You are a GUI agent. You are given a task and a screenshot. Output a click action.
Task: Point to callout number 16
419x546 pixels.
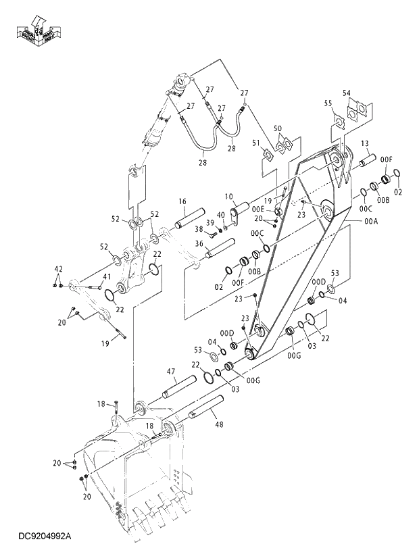coord(182,201)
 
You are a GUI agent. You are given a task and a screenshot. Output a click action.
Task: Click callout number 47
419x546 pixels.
coord(171,371)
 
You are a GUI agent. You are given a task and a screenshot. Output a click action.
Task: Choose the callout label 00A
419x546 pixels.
coord(371,221)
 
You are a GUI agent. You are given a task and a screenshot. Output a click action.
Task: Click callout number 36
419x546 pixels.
coord(199,245)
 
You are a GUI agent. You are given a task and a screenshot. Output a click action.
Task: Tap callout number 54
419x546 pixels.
coord(347,93)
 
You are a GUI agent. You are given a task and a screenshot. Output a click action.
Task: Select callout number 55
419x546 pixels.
coord(328,103)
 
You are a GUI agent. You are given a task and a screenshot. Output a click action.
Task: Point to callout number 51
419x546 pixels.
coord(256,143)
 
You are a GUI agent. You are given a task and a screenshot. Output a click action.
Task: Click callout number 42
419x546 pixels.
coord(58,270)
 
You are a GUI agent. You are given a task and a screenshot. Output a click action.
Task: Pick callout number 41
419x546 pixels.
coord(107,276)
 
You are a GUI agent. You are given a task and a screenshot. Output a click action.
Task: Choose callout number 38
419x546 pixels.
coord(199,229)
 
